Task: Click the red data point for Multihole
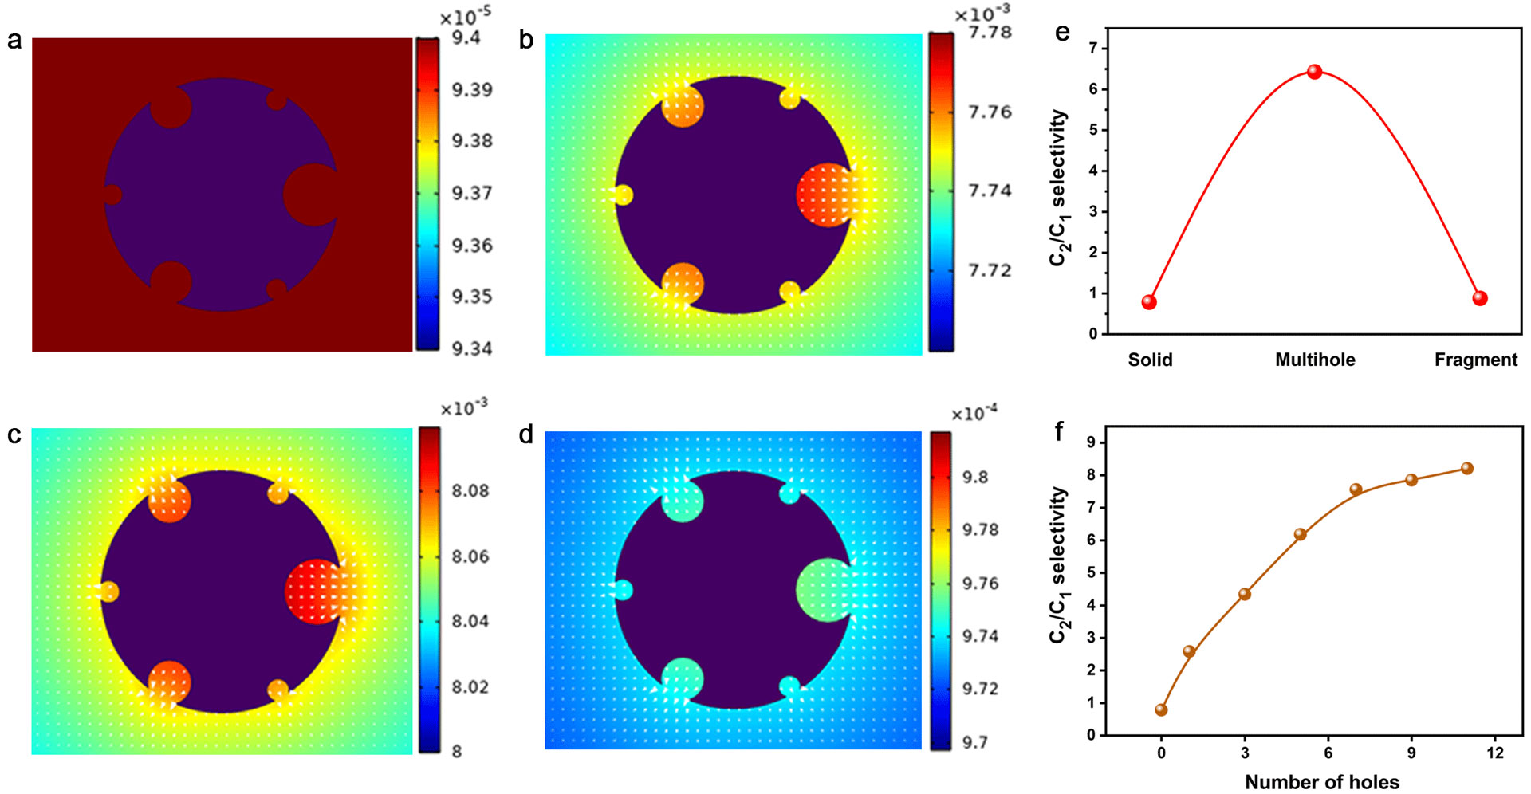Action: [1314, 72]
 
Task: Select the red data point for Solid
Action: [1149, 302]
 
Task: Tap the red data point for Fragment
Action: [1480, 298]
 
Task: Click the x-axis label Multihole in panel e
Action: [1315, 360]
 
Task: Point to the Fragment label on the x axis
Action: [1475, 360]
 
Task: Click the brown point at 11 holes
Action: [1466, 469]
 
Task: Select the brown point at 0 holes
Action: [1161, 709]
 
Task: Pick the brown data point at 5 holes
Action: [1301, 534]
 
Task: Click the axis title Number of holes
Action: [1321, 782]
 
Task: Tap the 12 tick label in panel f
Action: [1494, 753]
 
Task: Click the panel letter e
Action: [1062, 33]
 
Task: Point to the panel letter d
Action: [525, 435]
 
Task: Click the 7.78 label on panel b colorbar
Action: [990, 33]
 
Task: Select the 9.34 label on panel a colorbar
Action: [472, 348]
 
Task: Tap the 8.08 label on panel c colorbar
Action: [470, 490]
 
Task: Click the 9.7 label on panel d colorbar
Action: [974, 742]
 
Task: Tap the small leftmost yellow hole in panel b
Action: [624, 195]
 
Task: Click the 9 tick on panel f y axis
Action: [1090, 442]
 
